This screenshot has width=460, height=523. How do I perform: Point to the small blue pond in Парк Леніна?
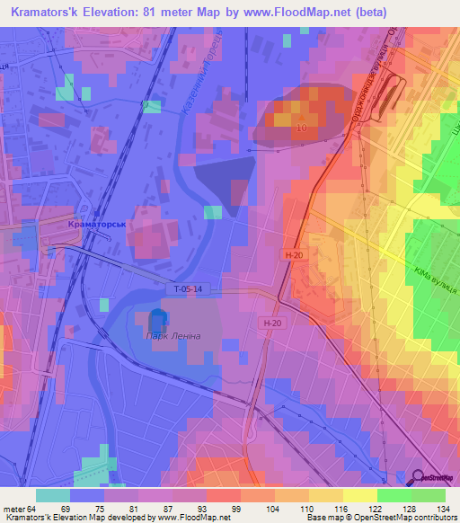click(x=157, y=320)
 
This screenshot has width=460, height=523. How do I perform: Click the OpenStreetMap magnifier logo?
click(x=419, y=477)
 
